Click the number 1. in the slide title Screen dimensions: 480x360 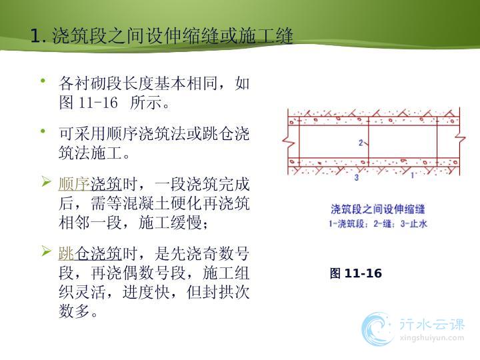[x=38, y=36]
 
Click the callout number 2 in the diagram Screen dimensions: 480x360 [x=361, y=143]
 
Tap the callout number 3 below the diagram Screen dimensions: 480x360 [x=356, y=177]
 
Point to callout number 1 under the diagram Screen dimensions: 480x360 [x=413, y=175]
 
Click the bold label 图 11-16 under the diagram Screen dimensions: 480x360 [x=356, y=273]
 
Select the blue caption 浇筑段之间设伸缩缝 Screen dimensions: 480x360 [x=378, y=209]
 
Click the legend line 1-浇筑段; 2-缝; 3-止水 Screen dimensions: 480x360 [x=378, y=224]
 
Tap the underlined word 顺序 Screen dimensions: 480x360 [x=75, y=185]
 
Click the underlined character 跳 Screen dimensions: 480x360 [x=67, y=254]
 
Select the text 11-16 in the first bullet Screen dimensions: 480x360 [x=98, y=102]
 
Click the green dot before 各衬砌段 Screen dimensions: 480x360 [x=43, y=81]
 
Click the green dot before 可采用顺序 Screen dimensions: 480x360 [x=43, y=131]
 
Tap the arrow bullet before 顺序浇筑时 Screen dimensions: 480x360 [x=46, y=181]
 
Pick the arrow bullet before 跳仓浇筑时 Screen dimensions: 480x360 [x=46, y=251]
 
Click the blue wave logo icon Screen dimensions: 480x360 [x=377, y=329]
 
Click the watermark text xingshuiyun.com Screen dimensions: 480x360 [x=431, y=339]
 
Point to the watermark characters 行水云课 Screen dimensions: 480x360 [x=431, y=325]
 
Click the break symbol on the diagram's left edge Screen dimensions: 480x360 [x=288, y=141]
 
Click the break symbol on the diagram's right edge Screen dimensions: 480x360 [x=460, y=139]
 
